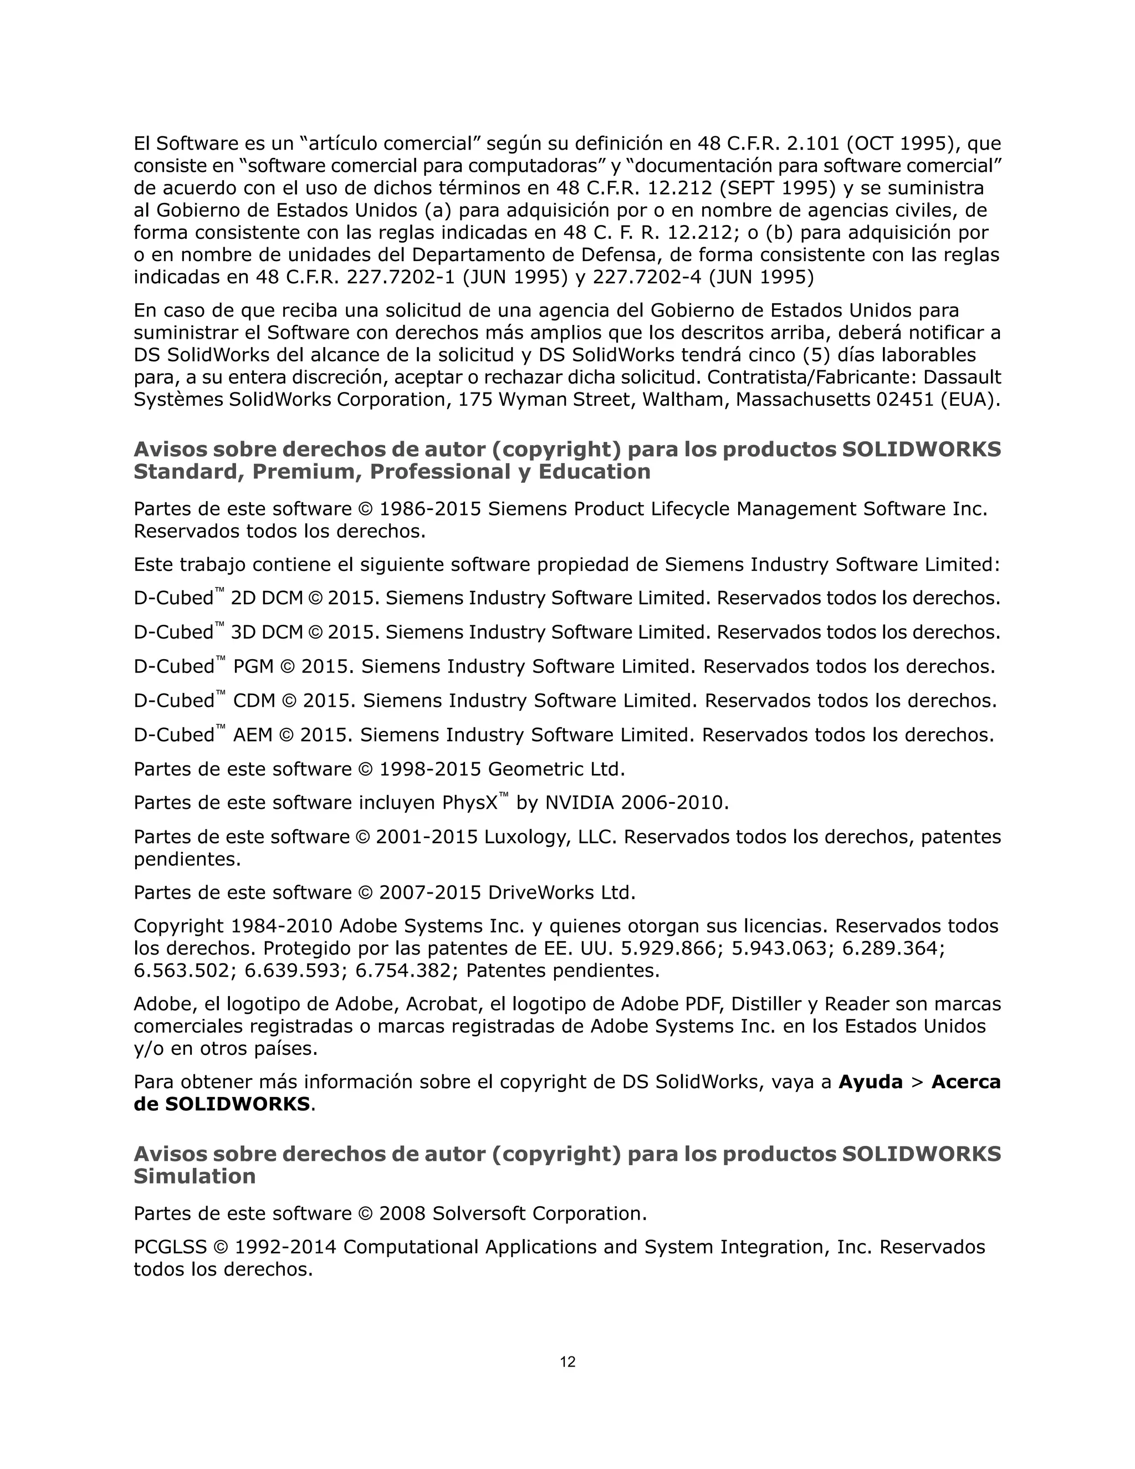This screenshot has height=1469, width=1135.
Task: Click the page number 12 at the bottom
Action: coord(567,1362)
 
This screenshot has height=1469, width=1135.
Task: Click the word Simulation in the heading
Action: coord(195,1176)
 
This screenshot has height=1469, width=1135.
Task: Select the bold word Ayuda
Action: coord(871,1082)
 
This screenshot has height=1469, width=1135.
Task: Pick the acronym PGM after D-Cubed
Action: coord(253,666)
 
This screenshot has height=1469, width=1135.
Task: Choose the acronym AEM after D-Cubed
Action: coord(252,735)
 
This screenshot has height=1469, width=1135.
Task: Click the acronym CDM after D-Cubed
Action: coord(254,701)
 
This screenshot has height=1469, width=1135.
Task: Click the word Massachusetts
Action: coord(803,400)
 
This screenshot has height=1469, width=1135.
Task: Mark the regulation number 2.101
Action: coord(813,143)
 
